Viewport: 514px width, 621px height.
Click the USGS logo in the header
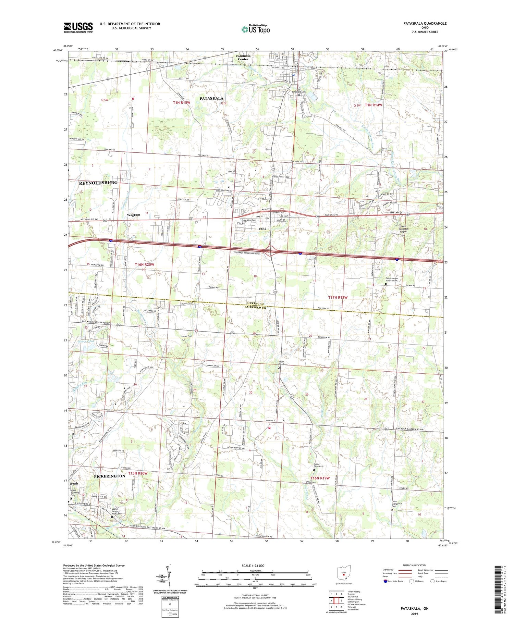click(78, 27)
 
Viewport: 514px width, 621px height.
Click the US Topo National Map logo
click(255, 29)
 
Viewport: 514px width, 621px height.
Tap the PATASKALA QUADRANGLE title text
click(425, 23)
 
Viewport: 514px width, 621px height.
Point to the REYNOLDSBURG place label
click(98, 183)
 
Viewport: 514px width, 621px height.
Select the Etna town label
click(263, 229)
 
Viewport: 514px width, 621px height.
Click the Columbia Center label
click(243, 57)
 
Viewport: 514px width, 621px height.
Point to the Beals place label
click(74, 484)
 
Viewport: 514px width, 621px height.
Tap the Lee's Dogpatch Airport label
click(403, 229)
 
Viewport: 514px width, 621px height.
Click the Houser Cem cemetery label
click(186, 336)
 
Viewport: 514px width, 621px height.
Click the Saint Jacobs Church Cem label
click(391, 280)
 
